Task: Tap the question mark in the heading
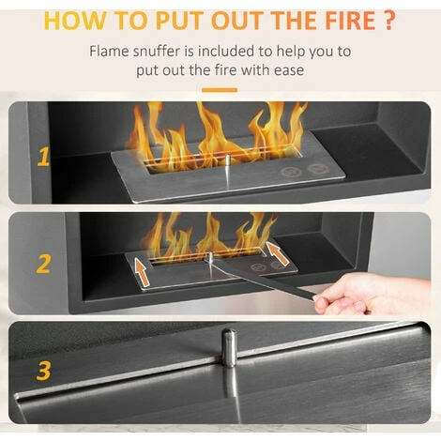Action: point(388,21)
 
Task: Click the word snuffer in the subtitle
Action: point(157,52)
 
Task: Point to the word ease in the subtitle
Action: point(289,70)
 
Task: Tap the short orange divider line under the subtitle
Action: point(220,90)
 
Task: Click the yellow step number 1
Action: point(43,157)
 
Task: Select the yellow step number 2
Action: point(43,265)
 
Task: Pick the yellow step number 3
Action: point(43,372)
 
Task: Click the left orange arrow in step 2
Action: point(142,271)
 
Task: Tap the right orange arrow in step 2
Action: point(277,253)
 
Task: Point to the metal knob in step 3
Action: point(229,347)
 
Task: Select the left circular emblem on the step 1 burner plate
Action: point(291,172)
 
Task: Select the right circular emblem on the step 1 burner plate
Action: point(318,169)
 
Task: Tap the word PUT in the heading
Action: point(179,21)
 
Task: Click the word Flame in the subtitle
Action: point(109,52)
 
